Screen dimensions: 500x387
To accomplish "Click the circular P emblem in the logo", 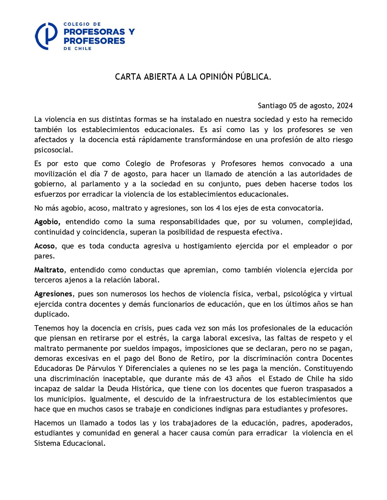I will (46, 36).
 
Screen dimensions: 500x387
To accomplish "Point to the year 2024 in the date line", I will (345, 106).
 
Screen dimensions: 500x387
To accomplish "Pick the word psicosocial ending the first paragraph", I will (53, 150).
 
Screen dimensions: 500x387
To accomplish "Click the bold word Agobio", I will (47, 222).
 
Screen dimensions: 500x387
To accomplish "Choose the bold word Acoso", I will (44, 246).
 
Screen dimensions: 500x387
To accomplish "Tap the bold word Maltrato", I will (49, 270).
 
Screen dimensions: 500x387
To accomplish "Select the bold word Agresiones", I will (53, 294).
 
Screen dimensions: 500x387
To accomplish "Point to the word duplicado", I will (52, 314).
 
